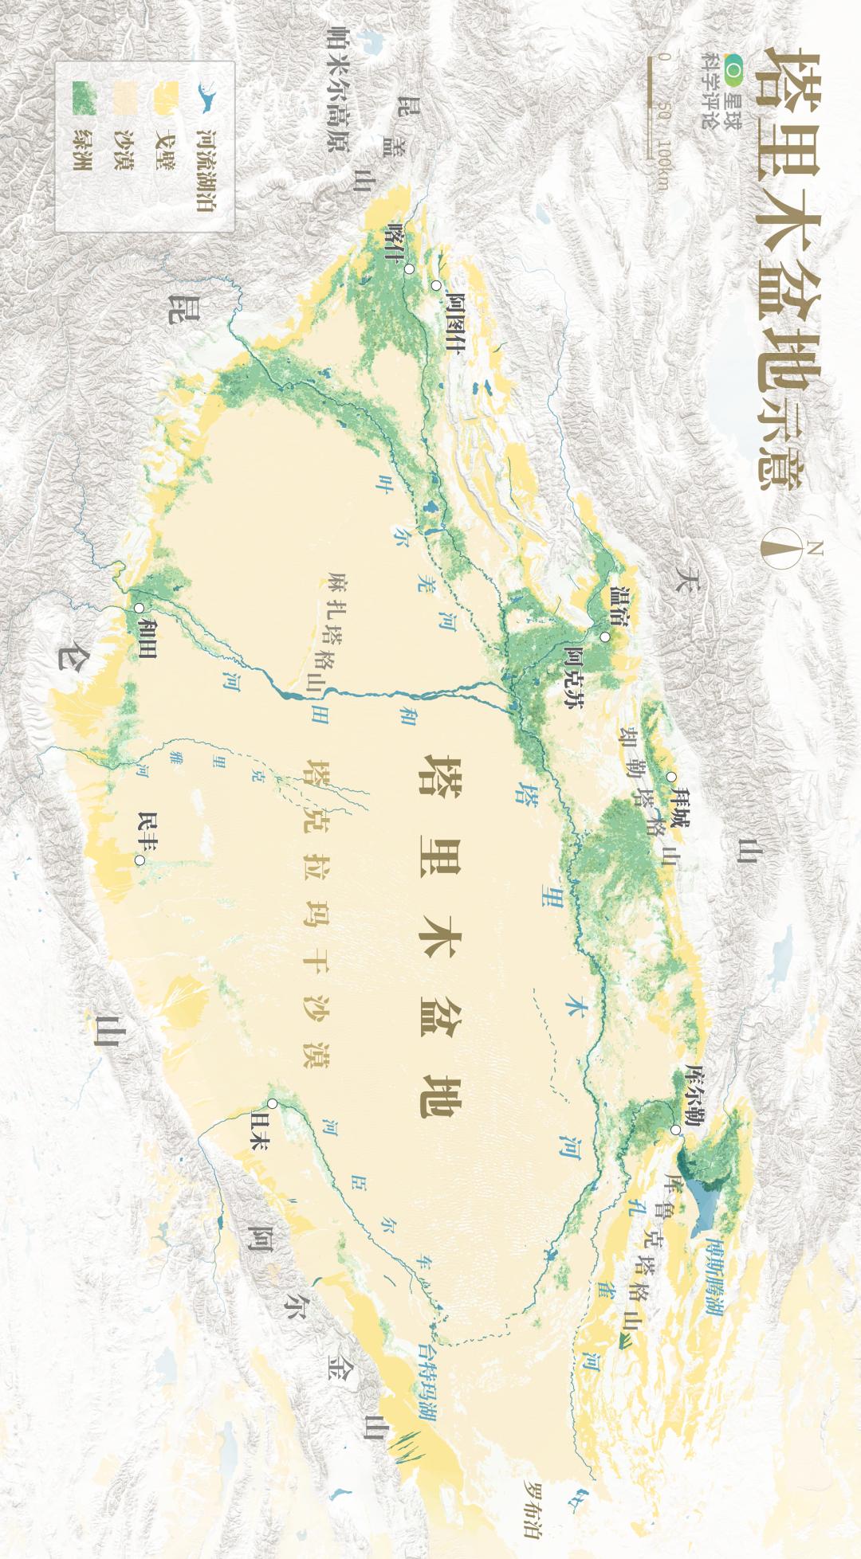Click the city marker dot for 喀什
[409, 269]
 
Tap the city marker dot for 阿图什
[436, 285]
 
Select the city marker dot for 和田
[140, 608]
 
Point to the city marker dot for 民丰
[140, 860]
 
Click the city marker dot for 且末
[273, 1103]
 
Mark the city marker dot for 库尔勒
[675, 1130]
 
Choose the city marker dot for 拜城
[671, 777]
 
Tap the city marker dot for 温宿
[605, 637]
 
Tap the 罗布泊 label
[533, 1510]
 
